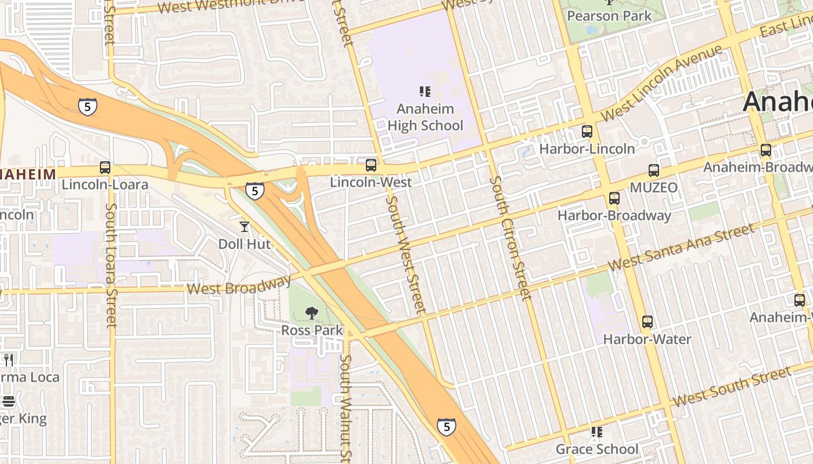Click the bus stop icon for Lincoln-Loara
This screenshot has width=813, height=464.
click(105, 168)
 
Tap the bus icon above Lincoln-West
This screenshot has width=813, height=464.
click(371, 165)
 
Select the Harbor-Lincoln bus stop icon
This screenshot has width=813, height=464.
click(587, 132)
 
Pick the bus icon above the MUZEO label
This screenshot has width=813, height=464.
click(654, 171)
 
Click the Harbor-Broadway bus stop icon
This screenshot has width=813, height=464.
click(614, 198)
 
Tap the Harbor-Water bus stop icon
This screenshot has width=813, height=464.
click(647, 322)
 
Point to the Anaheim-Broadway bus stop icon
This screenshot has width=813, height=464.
click(766, 150)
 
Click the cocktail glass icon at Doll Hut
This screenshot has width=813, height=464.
click(244, 227)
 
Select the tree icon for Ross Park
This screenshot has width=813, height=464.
click(312, 313)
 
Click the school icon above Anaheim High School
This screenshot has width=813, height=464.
click(425, 91)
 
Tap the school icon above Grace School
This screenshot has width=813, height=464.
click(597, 432)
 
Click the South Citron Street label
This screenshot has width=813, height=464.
click(510, 238)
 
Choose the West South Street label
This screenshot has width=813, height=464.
click(731, 387)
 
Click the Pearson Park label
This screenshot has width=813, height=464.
click(610, 16)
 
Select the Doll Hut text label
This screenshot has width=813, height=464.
click(244, 244)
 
